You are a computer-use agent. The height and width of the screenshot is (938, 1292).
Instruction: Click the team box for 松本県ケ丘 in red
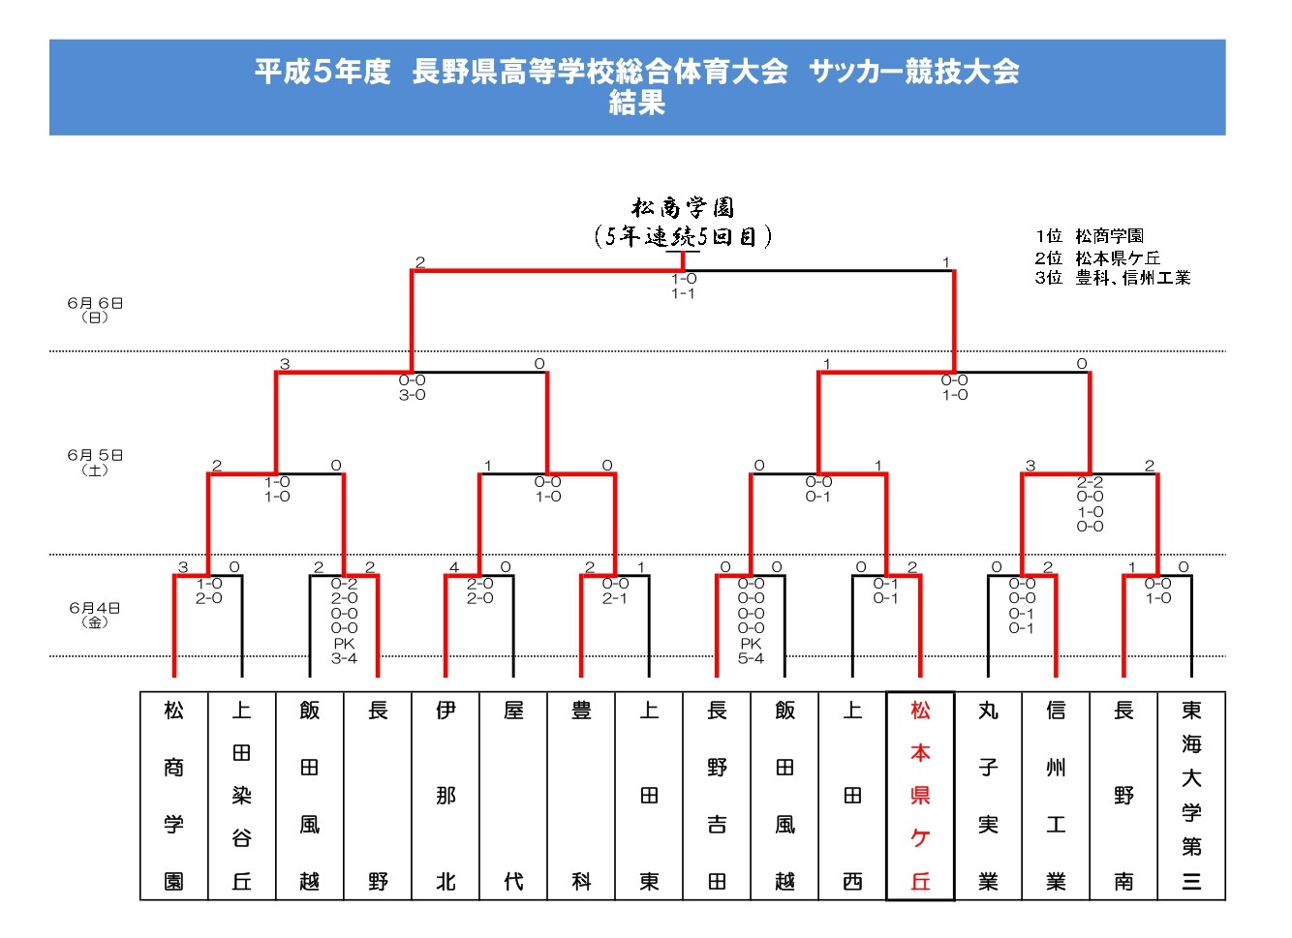pos(920,796)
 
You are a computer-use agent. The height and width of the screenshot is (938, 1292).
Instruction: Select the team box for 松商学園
pos(174,796)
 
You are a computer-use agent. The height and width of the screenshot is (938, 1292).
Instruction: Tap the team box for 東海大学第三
pos(1191,796)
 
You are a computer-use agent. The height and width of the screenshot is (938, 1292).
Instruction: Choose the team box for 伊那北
pos(446,796)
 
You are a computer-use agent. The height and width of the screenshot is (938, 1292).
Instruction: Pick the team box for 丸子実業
pos(989,796)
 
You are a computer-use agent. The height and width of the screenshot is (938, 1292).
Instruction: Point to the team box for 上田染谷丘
pos(242,796)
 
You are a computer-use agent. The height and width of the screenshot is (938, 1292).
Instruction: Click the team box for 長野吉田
pos(717,796)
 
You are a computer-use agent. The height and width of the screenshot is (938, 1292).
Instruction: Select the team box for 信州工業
pos(1056,796)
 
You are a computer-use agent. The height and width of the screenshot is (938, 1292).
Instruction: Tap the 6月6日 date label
pos(95,310)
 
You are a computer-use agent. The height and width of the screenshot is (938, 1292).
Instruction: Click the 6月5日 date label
pos(95,463)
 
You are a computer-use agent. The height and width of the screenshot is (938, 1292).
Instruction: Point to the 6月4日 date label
pos(95,615)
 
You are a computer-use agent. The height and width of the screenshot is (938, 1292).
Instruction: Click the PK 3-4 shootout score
pos(345,651)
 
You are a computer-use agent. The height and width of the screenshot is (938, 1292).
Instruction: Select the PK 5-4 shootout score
pos(751,651)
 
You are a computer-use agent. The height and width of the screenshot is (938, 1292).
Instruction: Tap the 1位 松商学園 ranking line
pos(1090,236)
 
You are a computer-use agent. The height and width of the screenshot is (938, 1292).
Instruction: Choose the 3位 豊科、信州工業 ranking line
pos(1113,278)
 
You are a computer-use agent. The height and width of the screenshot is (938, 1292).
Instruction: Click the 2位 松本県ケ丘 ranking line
pos(1097,257)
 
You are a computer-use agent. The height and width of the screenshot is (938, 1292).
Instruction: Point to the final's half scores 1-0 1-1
pos(684,286)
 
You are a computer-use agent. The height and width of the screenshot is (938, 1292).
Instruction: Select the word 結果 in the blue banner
pos(637,104)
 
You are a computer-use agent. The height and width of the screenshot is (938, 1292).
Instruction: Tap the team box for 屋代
pos(513,796)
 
